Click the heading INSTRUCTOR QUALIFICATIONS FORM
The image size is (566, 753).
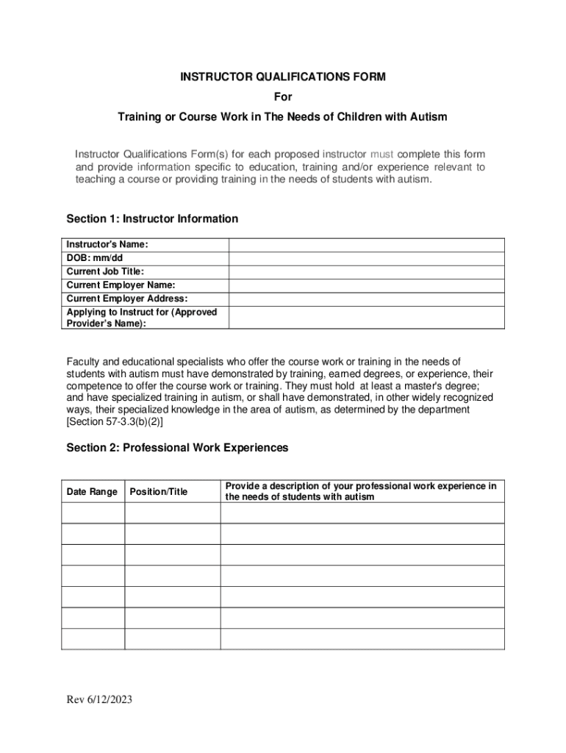283,76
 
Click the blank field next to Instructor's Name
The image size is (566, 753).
366,245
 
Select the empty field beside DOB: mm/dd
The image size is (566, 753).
366,258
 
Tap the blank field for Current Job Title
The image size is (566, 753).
366,271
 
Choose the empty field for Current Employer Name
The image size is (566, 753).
366,285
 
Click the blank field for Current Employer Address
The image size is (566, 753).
366,298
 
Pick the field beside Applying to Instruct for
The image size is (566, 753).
366,317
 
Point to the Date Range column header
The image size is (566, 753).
92,491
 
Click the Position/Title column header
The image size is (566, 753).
158,491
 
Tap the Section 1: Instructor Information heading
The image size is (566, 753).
152,218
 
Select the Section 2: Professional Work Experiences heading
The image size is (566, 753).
177,447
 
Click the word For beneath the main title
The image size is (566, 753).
283,96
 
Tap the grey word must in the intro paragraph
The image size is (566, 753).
381,154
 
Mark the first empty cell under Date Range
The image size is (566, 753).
93,513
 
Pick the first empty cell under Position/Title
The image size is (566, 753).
172,513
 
